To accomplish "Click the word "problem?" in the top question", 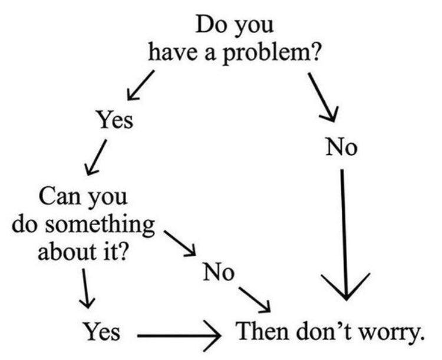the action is tap(272, 53).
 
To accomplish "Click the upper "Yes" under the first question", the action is tap(115, 120).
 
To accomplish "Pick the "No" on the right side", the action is tap(342, 147).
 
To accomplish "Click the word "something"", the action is tap(100, 226).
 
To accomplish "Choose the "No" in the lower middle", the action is tap(219, 272).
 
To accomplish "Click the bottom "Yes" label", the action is tap(101, 331).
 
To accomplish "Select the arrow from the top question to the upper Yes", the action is tap(141, 85).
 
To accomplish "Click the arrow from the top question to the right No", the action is tap(323, 97).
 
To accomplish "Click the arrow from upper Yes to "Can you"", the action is tap(97, 157).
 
